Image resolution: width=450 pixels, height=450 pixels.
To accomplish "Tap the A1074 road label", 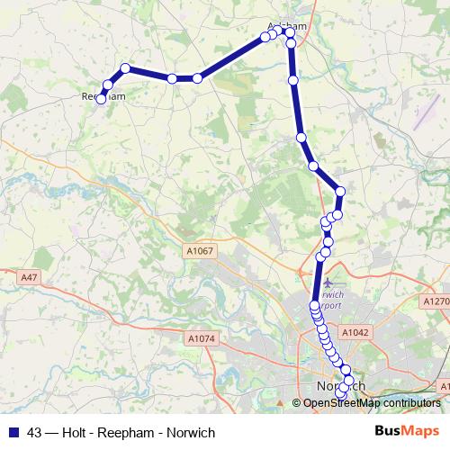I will point(203,338).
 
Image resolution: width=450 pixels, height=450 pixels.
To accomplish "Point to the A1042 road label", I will point(355,332).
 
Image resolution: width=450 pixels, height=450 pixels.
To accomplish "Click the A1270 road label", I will point(436,301).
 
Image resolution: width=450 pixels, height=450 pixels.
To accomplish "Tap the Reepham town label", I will point(101,94).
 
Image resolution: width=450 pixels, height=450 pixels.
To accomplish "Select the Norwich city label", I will point(342,386).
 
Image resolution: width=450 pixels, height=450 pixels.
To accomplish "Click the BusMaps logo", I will point(408,431).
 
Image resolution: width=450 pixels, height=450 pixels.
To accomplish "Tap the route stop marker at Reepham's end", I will point(101,99).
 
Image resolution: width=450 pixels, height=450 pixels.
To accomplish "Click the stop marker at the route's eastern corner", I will point(340,190).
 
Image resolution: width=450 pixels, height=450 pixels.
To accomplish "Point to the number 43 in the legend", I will point(37,432).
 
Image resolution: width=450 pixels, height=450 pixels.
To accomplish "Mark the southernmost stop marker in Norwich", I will point(340,395).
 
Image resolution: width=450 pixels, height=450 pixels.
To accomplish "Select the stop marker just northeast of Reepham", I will point(107,85).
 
